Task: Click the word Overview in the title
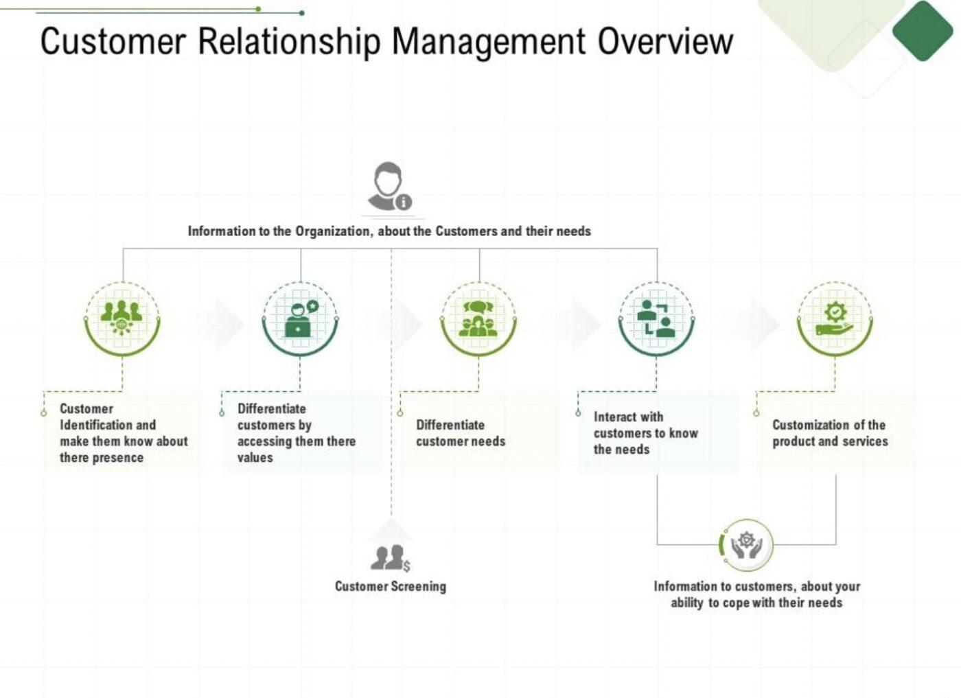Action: pos(664,41)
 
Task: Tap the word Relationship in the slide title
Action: pos(289,41)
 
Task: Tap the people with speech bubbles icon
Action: pos(478,318)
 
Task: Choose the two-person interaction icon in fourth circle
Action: pos(656,318)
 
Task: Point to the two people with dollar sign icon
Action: pos(390,558)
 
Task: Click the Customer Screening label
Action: pos(391,586)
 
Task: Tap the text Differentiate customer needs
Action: pos(461,433)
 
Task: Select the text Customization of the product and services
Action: pos(830,433)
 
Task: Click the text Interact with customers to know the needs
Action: pos(645,433)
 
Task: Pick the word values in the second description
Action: pos(255,458)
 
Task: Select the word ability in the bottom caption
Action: pos(686,603)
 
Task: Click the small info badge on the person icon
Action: pos(404,202)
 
